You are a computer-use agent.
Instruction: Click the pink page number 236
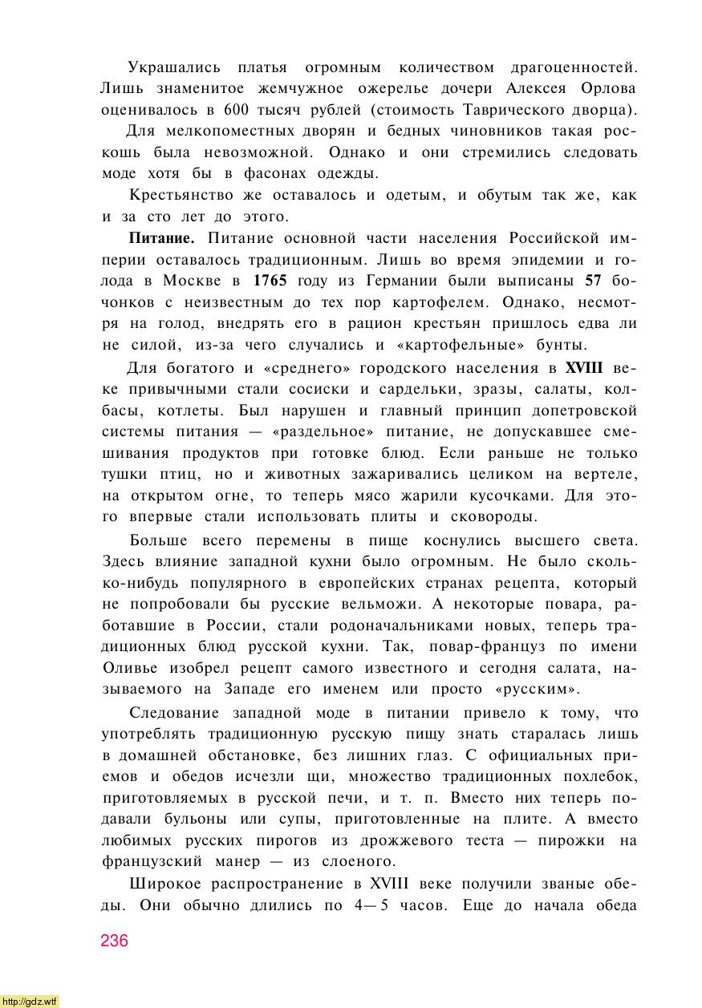(114, 941)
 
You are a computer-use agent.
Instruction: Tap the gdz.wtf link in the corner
(29, 1001)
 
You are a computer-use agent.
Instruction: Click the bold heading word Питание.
(161, 238)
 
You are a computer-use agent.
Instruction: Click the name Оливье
(132, 668)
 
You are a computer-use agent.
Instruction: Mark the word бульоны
(193, 819)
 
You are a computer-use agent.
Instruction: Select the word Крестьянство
(181, 195)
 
